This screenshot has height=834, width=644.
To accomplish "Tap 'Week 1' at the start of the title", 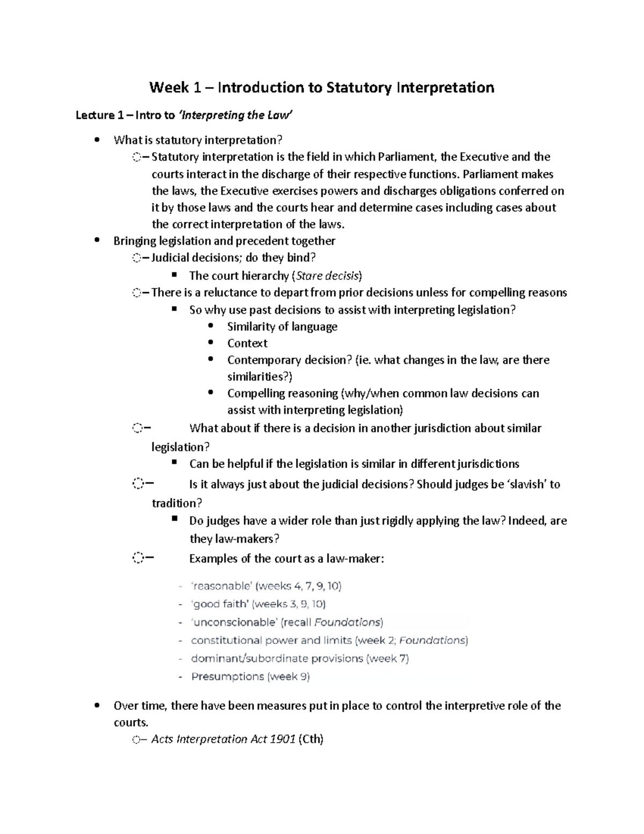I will (169, 88).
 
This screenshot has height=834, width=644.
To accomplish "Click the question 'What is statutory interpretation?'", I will (197, 140).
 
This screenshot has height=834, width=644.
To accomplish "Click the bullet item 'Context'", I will (247, 343).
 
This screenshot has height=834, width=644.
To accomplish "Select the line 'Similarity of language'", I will (282, 327).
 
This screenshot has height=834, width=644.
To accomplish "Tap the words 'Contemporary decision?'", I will (289, 360).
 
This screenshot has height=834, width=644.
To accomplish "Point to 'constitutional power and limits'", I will (272, 641).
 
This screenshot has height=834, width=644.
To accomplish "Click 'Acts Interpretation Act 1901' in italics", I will (223, 739).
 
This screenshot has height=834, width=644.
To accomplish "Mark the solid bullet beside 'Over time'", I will (97, 706).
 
